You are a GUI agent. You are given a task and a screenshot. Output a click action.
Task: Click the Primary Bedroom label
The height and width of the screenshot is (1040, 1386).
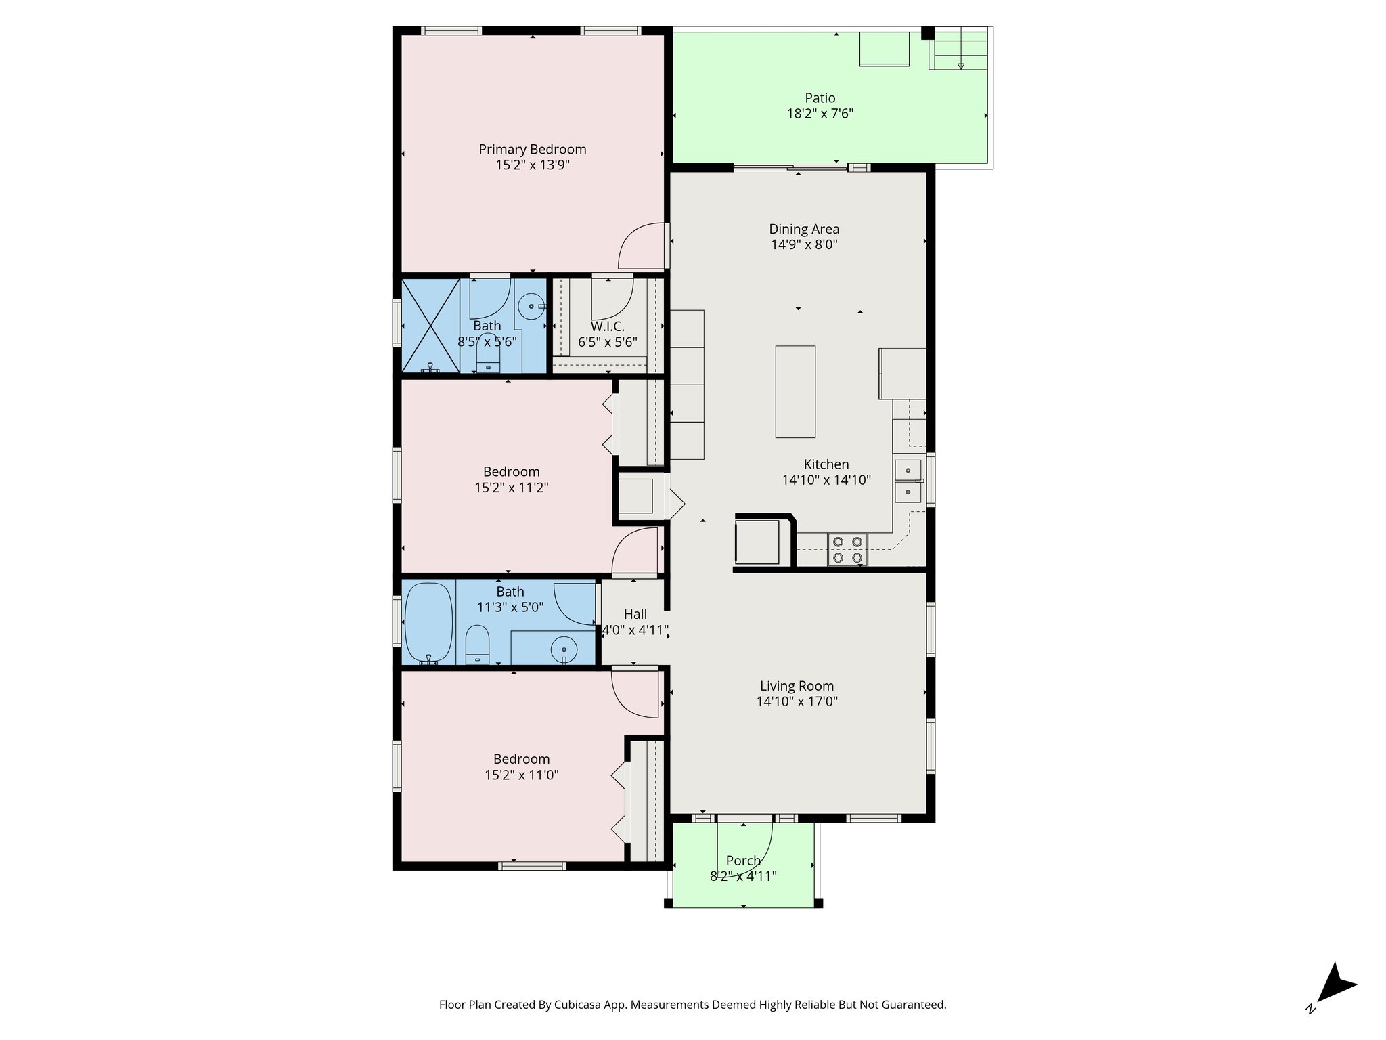coord(533,150)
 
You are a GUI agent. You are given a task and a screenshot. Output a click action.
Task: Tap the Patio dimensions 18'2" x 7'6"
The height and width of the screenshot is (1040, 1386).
coord(820,114)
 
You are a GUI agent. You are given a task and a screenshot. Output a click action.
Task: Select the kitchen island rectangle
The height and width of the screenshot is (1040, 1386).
coord(795,392)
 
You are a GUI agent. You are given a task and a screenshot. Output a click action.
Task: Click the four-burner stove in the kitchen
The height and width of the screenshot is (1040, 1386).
coord(847,550)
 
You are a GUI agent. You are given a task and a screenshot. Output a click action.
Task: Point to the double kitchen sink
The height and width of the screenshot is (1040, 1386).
coord(908,481)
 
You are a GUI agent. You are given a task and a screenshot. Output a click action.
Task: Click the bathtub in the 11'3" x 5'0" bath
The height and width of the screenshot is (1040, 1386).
coord(428,622)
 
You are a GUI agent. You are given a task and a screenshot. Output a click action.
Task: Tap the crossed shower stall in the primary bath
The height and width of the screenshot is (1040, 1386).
coord(431,325)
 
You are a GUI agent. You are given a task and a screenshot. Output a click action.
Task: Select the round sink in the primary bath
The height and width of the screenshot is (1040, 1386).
coord(531,307)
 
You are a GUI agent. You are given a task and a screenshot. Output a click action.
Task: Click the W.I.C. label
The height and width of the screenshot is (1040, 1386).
coord(607,326)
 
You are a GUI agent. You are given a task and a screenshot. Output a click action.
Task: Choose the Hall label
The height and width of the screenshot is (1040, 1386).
coord(635,614)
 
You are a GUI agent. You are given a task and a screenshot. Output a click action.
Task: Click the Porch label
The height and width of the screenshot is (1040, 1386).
coord(743,861)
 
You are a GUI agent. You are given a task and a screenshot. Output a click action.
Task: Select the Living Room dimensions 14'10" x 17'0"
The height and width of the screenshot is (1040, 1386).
coord(797,702)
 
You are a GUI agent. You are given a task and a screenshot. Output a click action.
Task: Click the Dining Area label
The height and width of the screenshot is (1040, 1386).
coord(804,229)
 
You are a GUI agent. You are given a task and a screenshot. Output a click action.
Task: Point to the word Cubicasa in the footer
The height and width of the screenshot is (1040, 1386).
coord(579,1005)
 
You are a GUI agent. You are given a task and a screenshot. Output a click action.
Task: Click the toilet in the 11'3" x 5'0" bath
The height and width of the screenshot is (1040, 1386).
coord(477,645)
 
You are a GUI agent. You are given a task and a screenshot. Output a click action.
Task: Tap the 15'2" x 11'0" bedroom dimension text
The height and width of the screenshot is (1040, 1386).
coord(521,775)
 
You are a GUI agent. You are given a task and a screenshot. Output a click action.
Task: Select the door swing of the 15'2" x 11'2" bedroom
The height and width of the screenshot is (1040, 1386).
coord(633,551)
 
